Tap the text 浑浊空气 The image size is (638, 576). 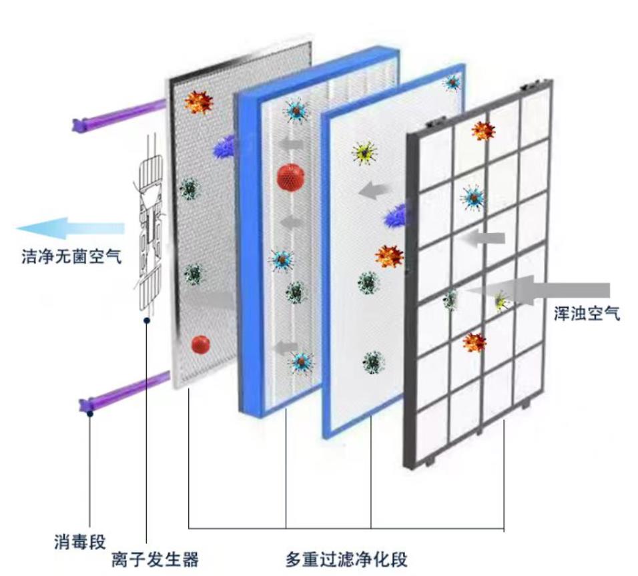click(x=587, y=313)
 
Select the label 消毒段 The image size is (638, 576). click(x=80, y=541)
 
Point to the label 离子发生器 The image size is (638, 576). click(x=155, y=558)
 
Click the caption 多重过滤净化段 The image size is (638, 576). click(x=346, y=559)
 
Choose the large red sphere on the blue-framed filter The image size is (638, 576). click(x=291, y=176)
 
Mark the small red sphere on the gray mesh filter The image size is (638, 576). click(x=202, y=344)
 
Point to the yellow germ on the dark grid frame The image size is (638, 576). click(x=501, y=302)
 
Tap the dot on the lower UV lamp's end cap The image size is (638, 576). click(x=89, y=412)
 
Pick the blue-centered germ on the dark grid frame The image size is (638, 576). click(x=472, y=197)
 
